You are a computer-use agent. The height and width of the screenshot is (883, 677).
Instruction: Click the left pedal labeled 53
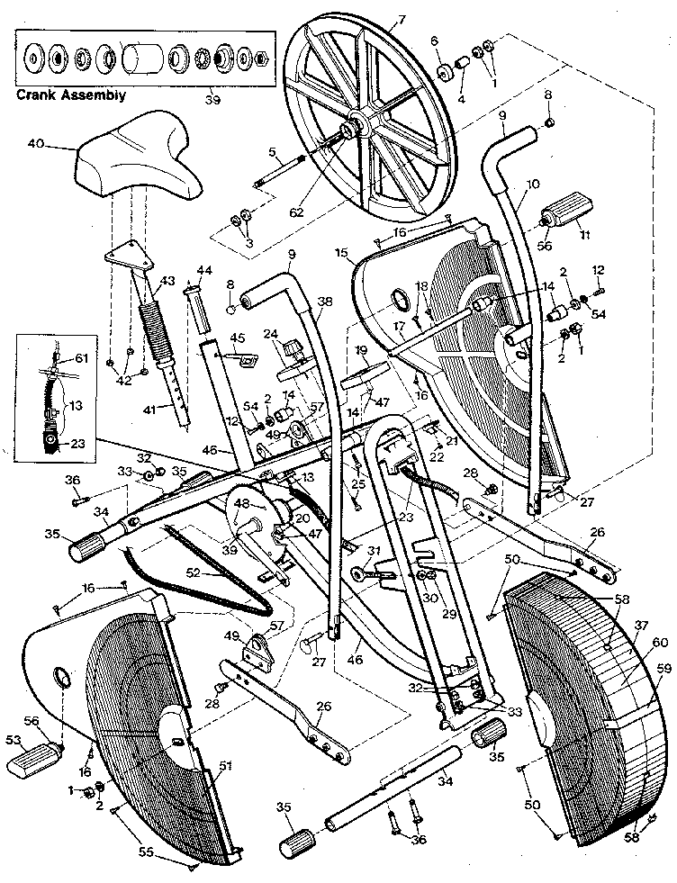(31, 763)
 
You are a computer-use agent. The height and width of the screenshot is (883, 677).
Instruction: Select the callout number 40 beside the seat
(36, 142)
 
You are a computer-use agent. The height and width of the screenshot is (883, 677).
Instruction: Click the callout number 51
(225, 766)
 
